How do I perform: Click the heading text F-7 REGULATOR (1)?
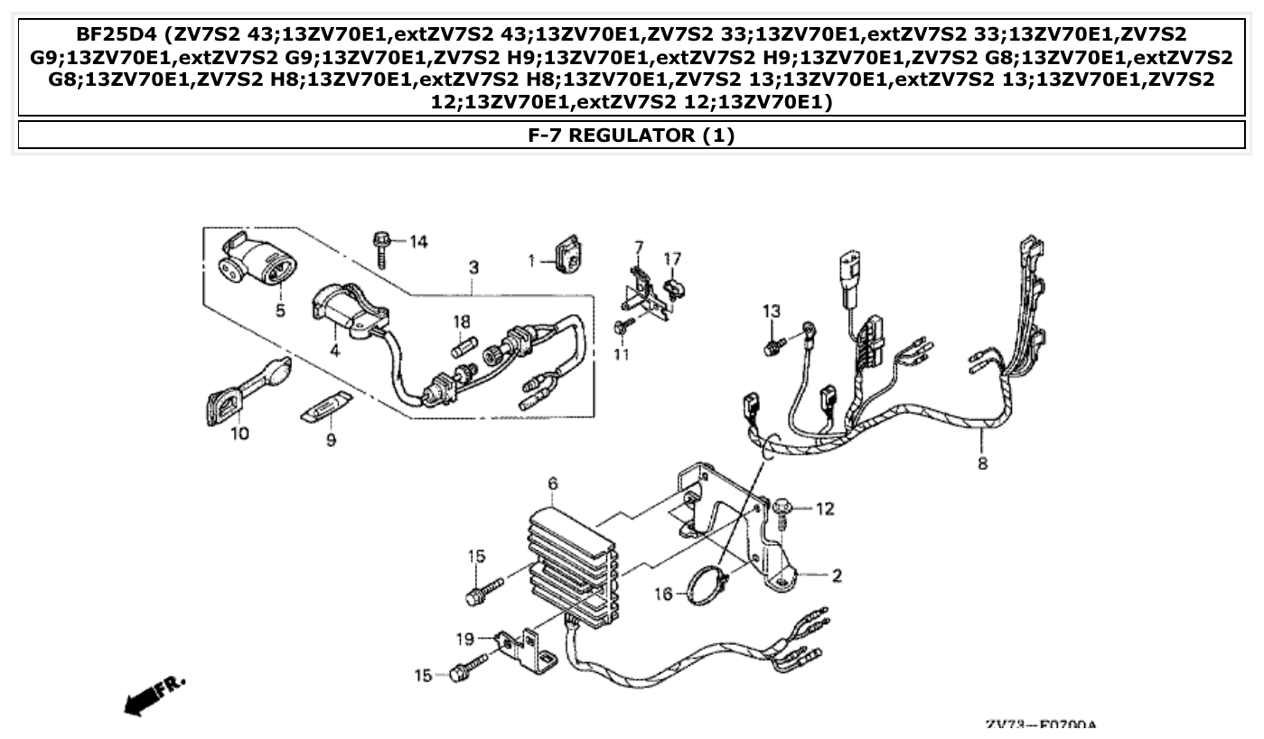[x=631, y=136]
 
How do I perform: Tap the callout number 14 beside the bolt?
[x=417, y=241]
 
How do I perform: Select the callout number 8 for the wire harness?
[x=982, y=464]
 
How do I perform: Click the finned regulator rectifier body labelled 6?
[x=571, y=565]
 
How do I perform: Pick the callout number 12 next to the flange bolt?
[x=825, y=510]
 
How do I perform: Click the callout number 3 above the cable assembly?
[x=473, y=268]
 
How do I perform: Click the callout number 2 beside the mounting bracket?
[x=837, y=575]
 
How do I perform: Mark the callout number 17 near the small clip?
[x=672, y=259]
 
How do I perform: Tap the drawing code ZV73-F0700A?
[x=1040, y=725]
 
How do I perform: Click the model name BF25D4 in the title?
[x=113, y=35]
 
